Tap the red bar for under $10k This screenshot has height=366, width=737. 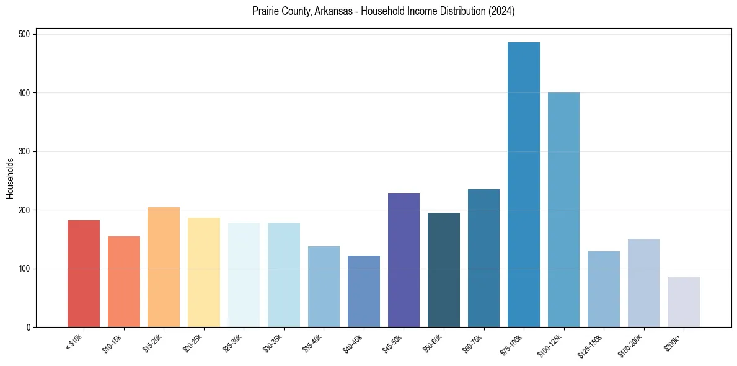coord(84,274)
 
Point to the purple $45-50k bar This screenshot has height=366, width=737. coord(404,260)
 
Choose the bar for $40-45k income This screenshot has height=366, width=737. coord(364,291)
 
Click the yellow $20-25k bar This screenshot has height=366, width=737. coord(203,272)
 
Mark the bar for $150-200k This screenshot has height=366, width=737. coord(643,283)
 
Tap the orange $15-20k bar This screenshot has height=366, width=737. coord(164,267)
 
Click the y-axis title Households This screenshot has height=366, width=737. coord(11,178)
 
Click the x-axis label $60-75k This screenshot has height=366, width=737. coord(472,342)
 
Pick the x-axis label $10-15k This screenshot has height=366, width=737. coord(112,342)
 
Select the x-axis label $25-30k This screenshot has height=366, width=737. coord(232,342)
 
